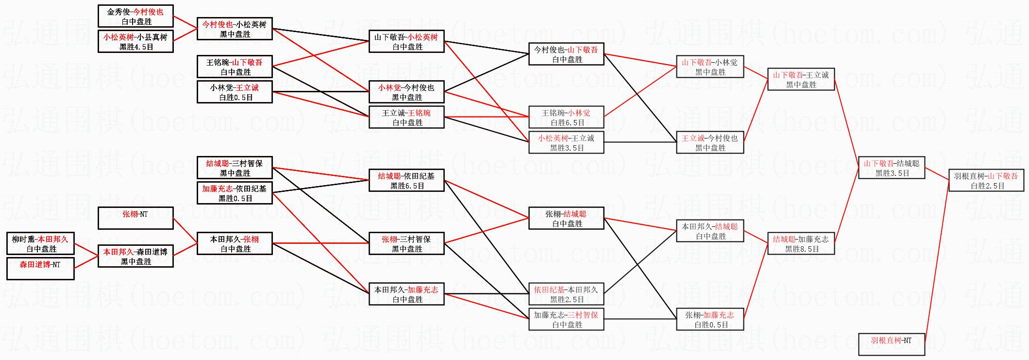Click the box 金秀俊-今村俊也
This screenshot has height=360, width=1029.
(x=135, y=17)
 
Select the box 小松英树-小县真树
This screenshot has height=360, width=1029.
(x=135, y=42)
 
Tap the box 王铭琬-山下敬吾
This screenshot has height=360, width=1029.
(x=235, y=67)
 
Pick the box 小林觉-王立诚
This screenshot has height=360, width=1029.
(x=235, y=92)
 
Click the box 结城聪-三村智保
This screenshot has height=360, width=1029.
(x=235, y=168)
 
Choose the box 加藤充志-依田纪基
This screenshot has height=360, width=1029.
(x=235, y=193)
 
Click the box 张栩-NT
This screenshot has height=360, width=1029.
(x=135, y=218)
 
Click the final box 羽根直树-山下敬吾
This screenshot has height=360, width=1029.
(x=986, y=181)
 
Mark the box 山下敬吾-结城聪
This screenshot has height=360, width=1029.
(x=891, y=168)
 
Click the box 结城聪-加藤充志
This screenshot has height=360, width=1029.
(x=801, y=244)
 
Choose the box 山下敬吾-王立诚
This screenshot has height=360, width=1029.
(x=801, y=80)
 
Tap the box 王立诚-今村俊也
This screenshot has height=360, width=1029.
(x=709, y=143)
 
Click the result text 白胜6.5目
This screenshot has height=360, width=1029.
(x=567, y=123)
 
